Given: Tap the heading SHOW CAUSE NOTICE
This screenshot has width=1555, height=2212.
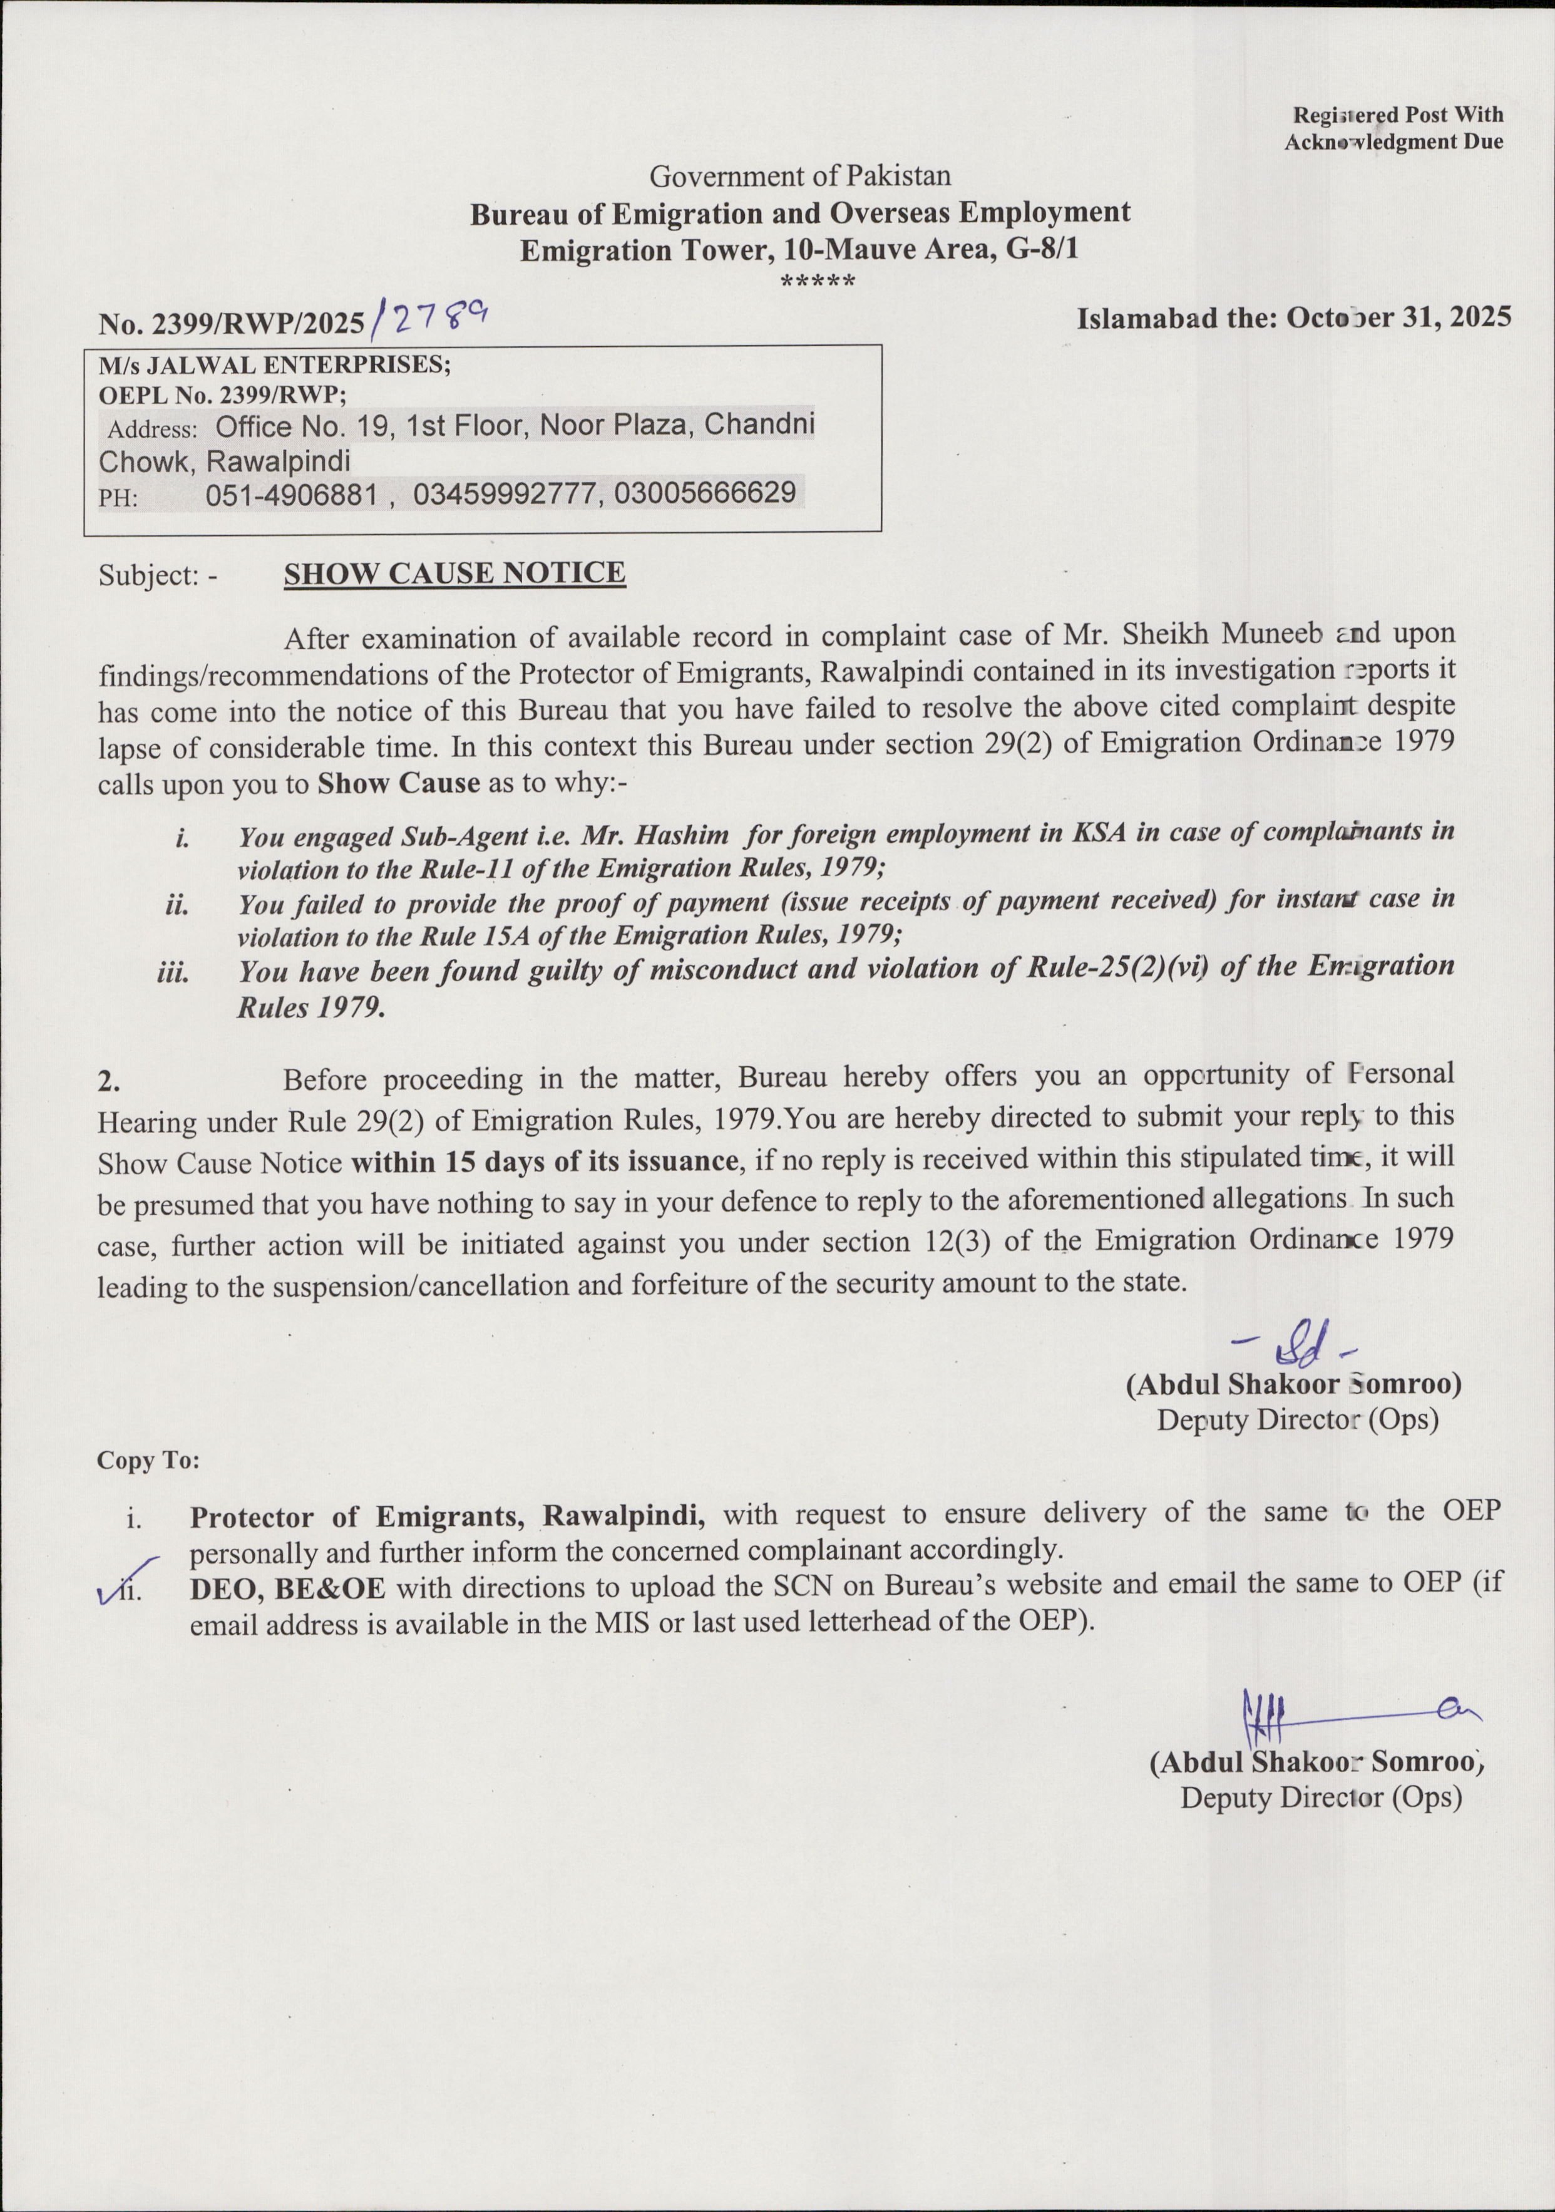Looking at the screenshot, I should point(454,574).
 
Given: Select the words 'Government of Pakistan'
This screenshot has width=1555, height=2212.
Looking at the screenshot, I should point(799,177).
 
